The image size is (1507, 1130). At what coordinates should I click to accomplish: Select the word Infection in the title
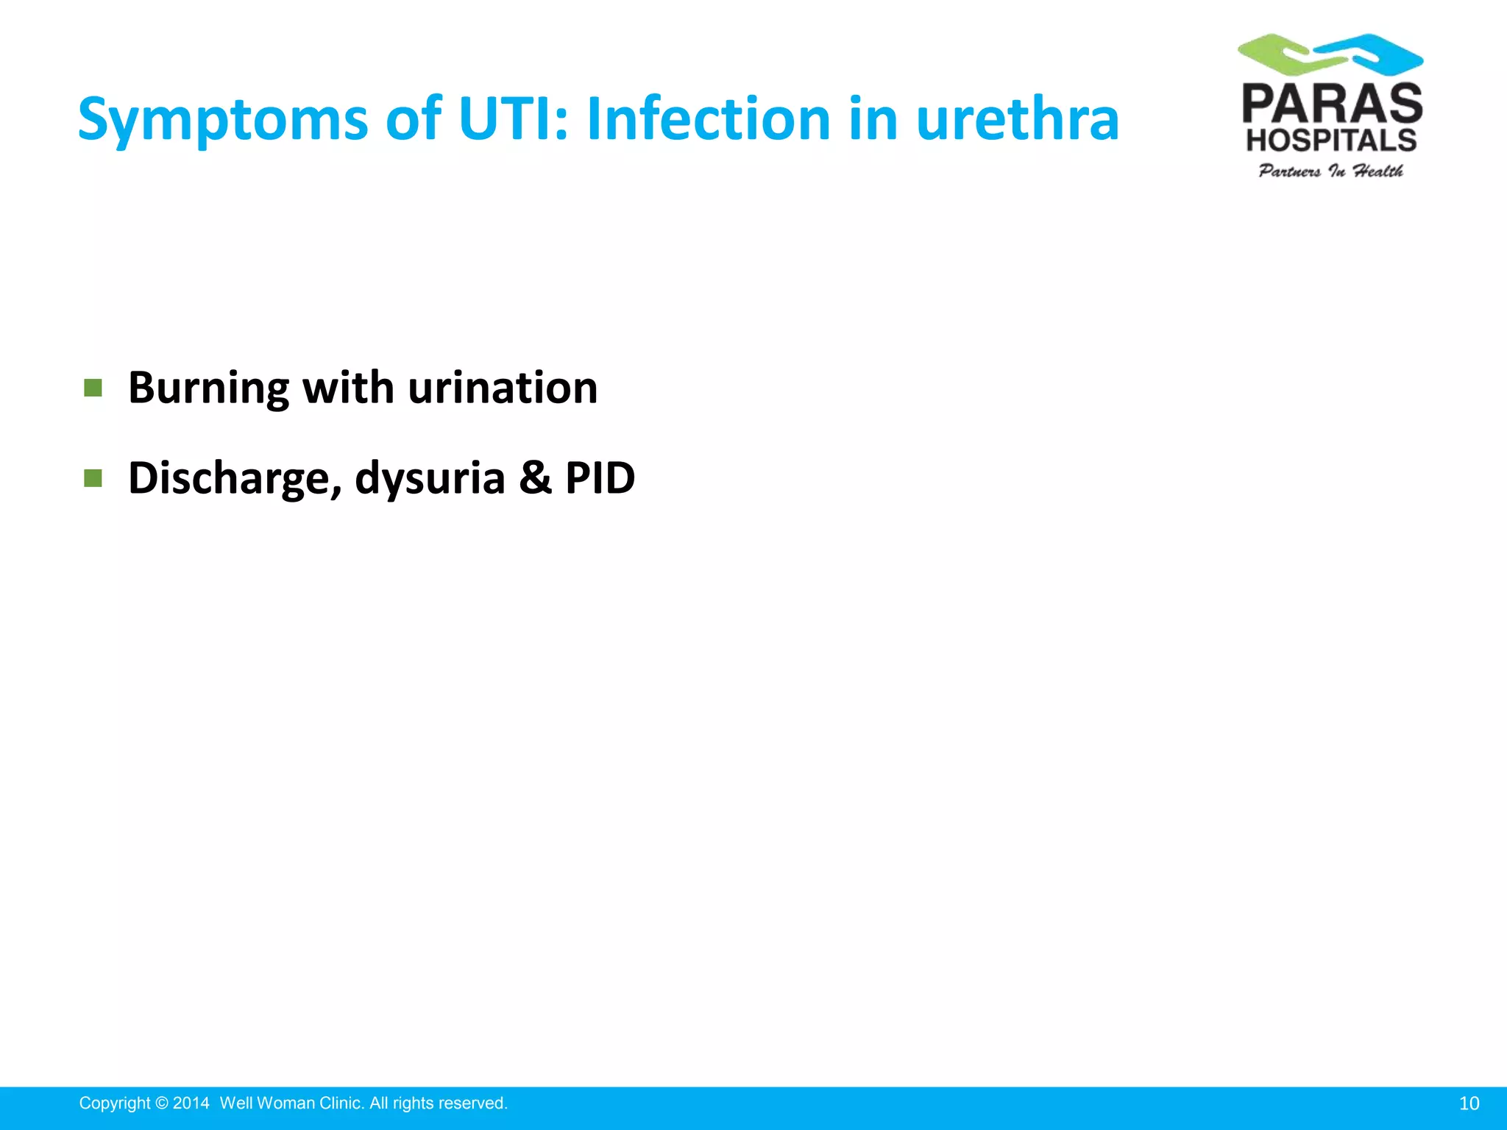(x=709, y=119)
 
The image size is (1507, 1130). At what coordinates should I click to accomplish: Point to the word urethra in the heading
(x=1017, y=119)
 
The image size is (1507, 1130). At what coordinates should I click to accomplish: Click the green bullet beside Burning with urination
(x=93, y=388)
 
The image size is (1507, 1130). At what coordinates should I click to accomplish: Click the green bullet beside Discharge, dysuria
(x=93, y=479)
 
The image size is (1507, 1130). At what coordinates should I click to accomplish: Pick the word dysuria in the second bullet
(x=430, y=479)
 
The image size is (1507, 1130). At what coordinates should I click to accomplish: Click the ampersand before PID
(x=535, y=477)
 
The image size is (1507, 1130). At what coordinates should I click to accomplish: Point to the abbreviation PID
(x=600, y=477)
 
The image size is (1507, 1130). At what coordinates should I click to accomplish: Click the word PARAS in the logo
(x=1332, y=104)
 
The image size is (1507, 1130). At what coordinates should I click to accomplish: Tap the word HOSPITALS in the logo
(x=1331, y=140)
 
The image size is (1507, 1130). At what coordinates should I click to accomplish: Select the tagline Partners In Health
(x=1330, y=171)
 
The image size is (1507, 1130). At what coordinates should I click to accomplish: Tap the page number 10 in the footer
(x=1469, y=1104)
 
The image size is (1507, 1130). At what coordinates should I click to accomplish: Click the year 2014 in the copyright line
(x=191, y=1104)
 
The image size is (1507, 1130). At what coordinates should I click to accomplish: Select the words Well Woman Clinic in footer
(x=291, y=1104)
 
